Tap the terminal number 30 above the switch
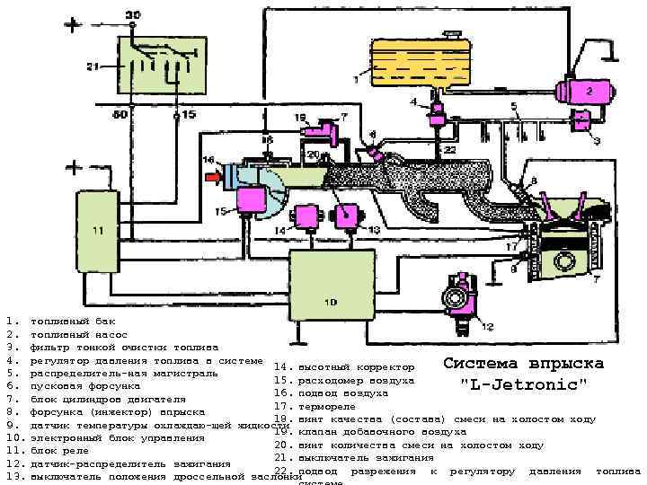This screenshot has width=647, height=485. (x=132, y=15)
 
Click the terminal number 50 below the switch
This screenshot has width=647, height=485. (x=119, y=114)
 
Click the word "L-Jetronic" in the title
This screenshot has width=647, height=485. (x=523, y=384)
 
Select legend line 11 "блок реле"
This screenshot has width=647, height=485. (x=59, y=450)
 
